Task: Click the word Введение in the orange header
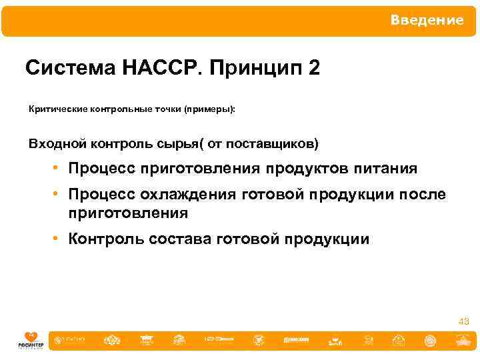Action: (x=427, y=21)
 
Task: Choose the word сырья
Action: (x=179, y=144)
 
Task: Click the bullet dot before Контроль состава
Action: (x=59, y=239)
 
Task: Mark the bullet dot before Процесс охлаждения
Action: (x=59, y=194)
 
